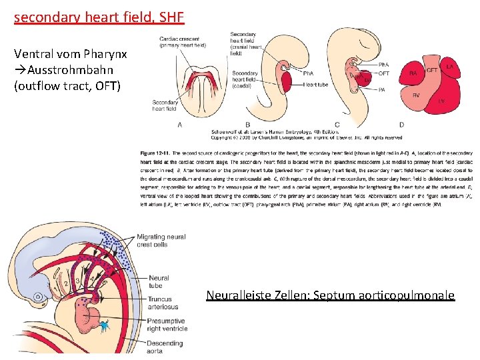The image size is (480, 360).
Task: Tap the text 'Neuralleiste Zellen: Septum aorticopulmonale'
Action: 330,295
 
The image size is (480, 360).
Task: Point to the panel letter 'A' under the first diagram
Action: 180,125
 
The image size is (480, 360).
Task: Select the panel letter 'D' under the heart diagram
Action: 401,125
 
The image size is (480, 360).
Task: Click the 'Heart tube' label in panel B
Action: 315,85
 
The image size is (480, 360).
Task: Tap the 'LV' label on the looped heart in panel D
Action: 441,101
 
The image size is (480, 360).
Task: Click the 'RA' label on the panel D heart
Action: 413,73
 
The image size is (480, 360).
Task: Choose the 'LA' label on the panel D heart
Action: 450,67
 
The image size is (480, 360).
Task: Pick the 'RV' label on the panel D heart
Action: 415,96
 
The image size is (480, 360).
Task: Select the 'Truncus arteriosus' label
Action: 160,303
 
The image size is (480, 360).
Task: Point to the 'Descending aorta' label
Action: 164,347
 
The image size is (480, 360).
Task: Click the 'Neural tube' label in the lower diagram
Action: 158,282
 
